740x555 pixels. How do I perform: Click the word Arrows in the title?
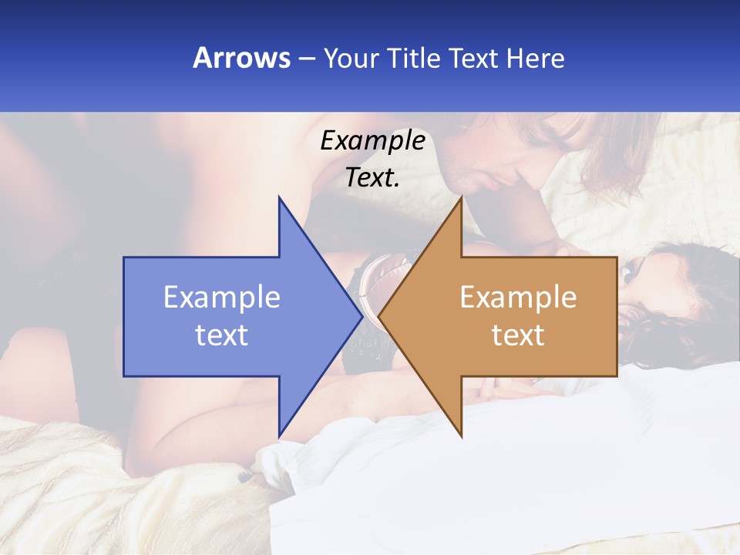241,58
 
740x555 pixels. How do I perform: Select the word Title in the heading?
412,58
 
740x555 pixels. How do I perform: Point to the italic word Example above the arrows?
372,141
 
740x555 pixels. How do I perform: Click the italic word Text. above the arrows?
372,177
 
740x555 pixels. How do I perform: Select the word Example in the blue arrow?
221,298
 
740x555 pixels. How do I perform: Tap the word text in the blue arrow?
221,335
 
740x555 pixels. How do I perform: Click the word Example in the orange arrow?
518,298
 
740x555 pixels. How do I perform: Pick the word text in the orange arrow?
518,335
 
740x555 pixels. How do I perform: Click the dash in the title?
306,59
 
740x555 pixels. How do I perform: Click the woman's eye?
631,272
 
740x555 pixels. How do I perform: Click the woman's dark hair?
678,324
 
